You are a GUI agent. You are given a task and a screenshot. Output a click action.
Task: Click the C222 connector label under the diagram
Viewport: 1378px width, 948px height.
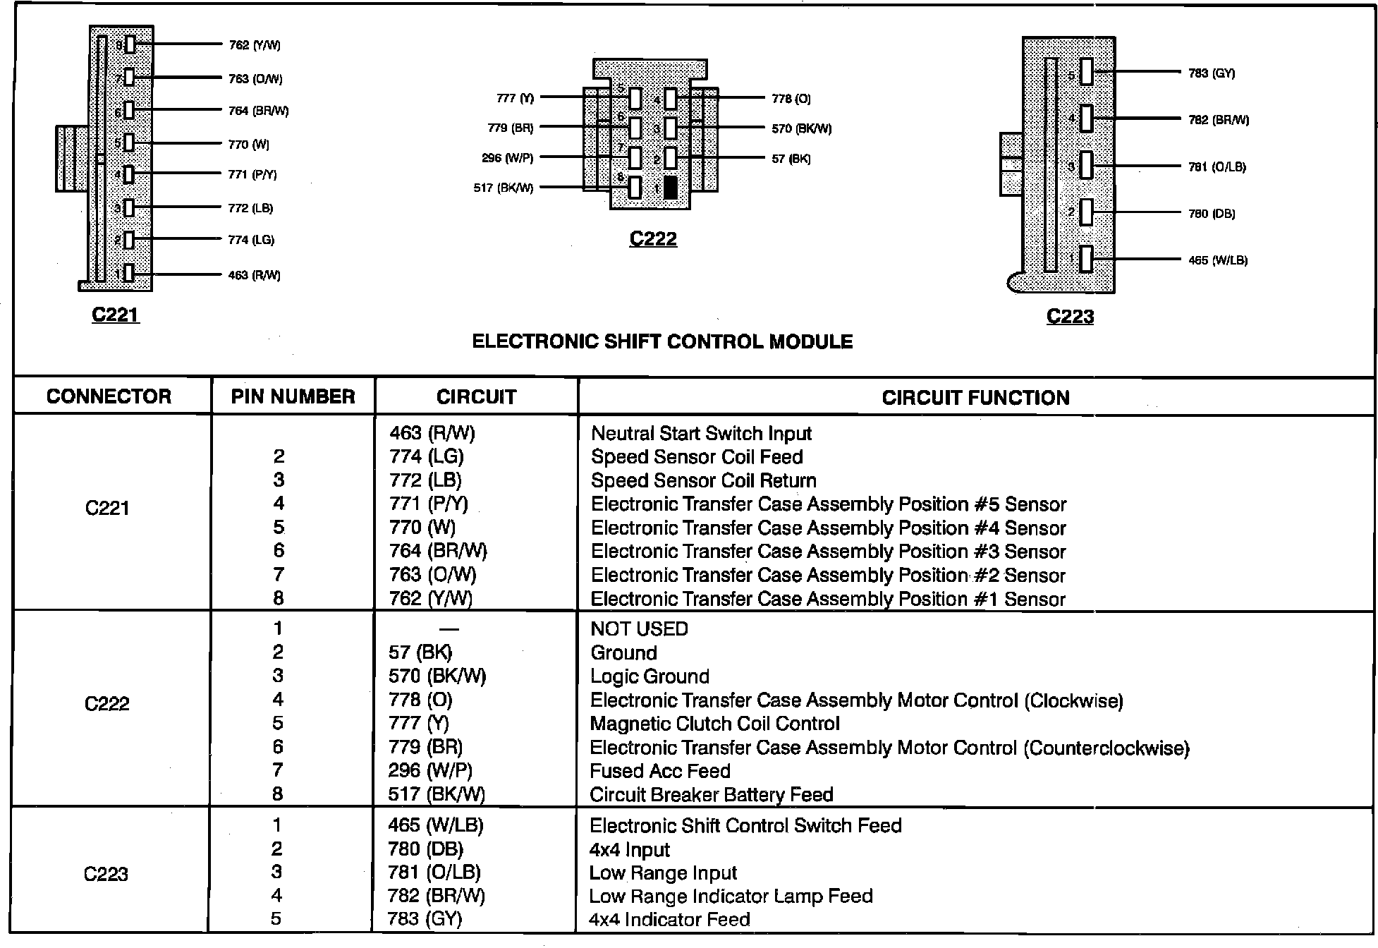click(653, 239)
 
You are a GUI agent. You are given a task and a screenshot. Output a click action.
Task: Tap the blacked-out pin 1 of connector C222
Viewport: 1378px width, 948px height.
click(671, 188)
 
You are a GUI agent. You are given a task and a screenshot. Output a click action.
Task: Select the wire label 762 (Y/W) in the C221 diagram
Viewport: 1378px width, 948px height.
click(255, 45)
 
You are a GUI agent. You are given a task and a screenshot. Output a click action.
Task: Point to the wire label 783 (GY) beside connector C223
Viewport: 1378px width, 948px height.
click(1212, 73)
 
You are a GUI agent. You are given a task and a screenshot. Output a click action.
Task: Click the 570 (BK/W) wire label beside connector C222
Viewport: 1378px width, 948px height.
click(802, 128)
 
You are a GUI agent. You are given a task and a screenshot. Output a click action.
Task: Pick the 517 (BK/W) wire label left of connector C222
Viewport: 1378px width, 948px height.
click(504, 188)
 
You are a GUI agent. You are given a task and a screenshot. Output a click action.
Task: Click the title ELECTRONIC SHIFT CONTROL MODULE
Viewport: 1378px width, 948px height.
click(662, 342)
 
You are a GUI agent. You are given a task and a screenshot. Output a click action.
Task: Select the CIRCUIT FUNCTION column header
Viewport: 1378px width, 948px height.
click(975, 397)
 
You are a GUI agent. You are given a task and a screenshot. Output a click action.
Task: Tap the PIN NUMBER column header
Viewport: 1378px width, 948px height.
click(293, 396)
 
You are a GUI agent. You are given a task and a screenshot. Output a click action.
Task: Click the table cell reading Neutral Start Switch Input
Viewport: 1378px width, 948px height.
click(701, 433)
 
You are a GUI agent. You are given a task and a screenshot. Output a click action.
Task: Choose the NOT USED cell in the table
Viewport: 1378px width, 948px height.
click(639, 628)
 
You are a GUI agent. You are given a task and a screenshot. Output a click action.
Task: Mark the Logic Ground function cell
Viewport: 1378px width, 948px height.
click(650, 676)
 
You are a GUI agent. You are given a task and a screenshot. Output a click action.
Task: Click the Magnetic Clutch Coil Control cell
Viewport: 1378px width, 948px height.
click(714, 724)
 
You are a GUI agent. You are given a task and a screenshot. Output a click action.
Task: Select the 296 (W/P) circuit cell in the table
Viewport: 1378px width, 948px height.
click(430, 770)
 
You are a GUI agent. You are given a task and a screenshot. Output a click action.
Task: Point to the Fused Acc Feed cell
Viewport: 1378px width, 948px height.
click(659, 771)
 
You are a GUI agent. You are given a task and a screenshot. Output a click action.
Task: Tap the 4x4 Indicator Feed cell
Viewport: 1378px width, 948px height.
click(669, 919)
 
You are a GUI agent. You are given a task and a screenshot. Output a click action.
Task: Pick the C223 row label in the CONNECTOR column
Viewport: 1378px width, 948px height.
click(106, 874)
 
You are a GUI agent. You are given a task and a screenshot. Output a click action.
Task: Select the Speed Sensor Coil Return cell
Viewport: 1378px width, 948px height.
click(703, 480)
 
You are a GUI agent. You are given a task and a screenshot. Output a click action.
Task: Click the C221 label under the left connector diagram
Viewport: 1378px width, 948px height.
click(116, 315)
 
